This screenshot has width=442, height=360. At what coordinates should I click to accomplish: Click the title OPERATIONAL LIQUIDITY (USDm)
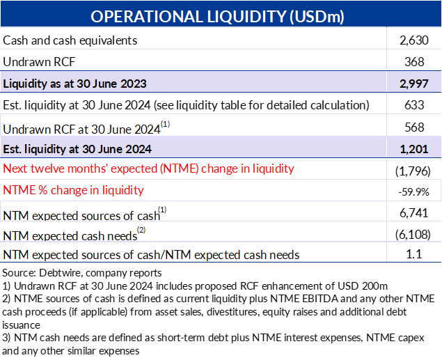pyautogui.click(x=217, y=16)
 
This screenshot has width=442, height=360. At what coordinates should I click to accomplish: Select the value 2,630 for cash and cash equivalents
pyautogui.click(x=414, y=40)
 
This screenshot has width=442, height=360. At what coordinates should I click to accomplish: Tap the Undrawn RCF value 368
pyautogui.click(x=414, y=62)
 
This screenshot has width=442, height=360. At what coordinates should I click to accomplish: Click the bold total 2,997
pyautogui.click(x=414, y=84)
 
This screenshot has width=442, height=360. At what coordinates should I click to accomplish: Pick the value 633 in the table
pyautogui.click(x=414, y=105)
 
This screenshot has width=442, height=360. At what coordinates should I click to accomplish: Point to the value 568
pyautogui.click(x=414, y=127)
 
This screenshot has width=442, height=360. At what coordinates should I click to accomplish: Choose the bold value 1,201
pyautogui.click(x=414, y=149)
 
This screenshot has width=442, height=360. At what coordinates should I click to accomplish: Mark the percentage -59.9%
pyautogui.click(x=413, y=192)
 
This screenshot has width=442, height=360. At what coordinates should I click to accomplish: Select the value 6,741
pyautogui.click(x=414, y=213)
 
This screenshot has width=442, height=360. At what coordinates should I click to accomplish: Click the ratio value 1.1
pyautogui.click(x=414, y=254)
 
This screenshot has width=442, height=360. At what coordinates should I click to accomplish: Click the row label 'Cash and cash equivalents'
pyautogui.click(x=70, y=40)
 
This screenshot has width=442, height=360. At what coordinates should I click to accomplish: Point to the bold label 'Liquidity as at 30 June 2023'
pyautogui.click(x=74, y=84)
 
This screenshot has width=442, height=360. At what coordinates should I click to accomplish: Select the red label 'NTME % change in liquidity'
pyautogui.click(x=73, y=190)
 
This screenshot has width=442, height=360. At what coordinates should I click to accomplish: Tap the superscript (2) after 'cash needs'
pyautogui.click(x=141, y=230)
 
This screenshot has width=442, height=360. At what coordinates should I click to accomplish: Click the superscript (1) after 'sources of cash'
pyautogui.click(x=162, y=210)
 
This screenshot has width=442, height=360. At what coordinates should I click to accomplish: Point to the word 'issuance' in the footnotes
pyautogui.click(x=21, y=325)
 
